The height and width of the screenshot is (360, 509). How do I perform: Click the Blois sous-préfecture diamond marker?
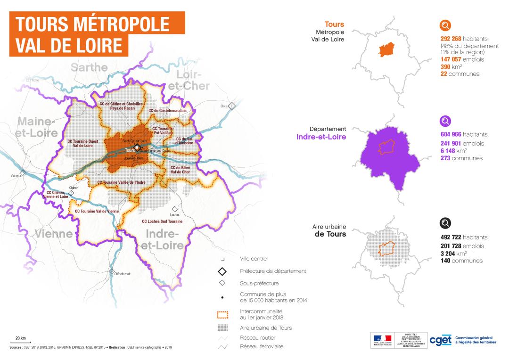pos(231,106)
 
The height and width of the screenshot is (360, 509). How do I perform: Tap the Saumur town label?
pos(16,177)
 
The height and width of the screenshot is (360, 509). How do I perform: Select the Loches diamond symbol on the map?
pos(175,209)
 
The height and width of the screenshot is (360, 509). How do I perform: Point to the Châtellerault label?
pos(122,273)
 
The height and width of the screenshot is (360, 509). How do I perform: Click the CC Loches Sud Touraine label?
pos(162,221)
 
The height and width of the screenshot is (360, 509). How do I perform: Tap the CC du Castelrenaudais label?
pos(167,111)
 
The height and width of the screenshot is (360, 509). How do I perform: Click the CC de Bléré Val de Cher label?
pos(180,170)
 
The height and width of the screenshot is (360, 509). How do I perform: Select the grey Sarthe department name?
pos(89,67)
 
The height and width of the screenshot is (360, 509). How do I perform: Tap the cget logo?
pos(440,340)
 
